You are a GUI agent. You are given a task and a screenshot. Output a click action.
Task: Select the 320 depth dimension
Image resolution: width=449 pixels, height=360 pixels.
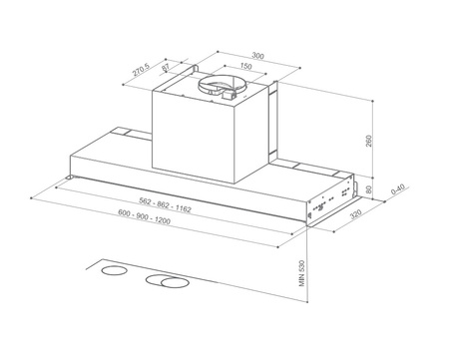356,215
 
